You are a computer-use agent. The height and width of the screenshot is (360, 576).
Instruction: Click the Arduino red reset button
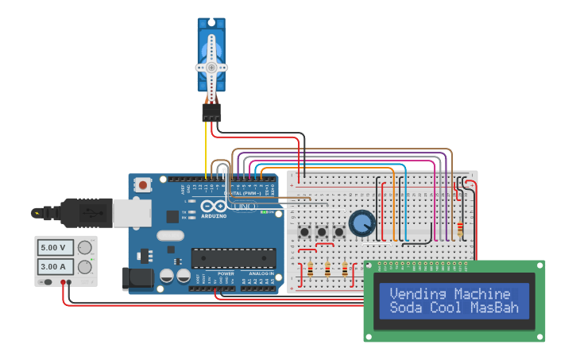143,185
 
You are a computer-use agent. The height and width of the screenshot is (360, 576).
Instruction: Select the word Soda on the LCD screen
406,308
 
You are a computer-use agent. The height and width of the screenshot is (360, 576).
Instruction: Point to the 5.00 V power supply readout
57,247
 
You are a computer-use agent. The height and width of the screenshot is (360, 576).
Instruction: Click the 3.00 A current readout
57,266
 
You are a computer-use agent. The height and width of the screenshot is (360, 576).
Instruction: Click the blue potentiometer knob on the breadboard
362,223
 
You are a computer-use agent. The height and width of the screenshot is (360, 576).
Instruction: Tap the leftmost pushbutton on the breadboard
304,232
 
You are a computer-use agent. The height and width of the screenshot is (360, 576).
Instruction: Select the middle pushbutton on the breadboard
322,232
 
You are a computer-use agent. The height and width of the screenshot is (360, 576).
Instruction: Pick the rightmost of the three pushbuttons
339,232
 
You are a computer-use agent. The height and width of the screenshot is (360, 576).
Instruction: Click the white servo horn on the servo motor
211,68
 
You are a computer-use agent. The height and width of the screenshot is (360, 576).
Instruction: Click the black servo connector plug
211,113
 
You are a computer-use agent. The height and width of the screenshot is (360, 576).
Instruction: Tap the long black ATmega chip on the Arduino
234,258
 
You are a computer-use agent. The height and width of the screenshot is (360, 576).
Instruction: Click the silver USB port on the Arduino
132,212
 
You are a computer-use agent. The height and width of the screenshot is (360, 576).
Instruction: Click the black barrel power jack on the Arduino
137,278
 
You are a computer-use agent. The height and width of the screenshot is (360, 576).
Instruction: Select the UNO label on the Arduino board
245,207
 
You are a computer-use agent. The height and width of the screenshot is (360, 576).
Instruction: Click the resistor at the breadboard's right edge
461,228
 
